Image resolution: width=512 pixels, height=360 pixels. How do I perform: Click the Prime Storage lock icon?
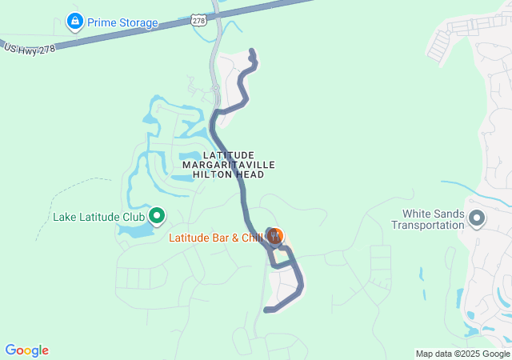tap(74, 22)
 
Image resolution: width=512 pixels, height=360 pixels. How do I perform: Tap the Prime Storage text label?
tap(122, 22)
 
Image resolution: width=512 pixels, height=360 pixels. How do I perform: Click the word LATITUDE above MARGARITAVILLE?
tap(228, 154)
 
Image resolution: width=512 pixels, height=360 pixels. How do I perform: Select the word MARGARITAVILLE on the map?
tap(229, 164)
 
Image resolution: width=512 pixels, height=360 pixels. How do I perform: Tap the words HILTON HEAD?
tap(229, 174)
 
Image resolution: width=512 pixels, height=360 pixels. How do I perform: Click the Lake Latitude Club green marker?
tap(157, 215)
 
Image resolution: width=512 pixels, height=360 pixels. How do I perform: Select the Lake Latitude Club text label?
tap(98, 216)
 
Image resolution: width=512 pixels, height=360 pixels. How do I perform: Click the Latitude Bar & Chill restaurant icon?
tap(275, 236)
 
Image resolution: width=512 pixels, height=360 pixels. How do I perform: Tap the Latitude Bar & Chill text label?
tap(215, 238)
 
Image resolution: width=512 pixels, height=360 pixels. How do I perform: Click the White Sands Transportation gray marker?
tap(477, 218)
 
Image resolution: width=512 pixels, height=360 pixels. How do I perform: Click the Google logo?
tap(27, 350)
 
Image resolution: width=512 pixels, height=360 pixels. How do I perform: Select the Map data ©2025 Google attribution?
tap(462, 354)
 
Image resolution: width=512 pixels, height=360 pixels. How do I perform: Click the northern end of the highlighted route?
tap(252, 52)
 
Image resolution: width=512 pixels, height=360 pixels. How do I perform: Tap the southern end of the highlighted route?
tap(266, 310)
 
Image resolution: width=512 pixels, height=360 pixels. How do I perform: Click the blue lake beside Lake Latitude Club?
tap(134, 231)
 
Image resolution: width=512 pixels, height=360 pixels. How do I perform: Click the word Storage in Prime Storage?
tap(137, 22)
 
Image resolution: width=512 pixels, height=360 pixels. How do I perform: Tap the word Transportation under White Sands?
tap(428, 225)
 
